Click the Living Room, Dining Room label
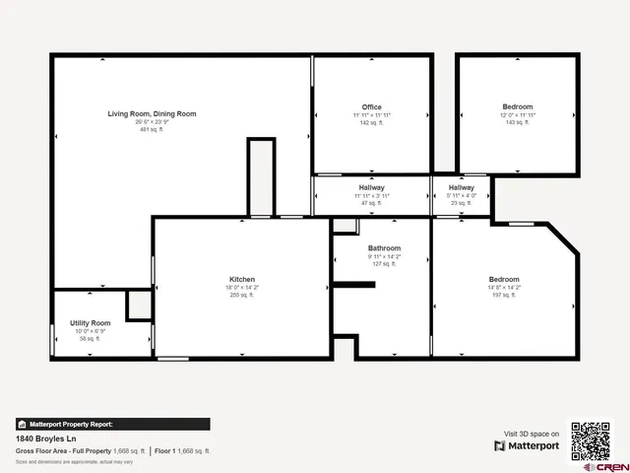pyautogui.click(x=152, y=114)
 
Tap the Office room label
pyautogui.click(x=371, y=107)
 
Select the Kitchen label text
pyautogui.click(x=241, y=279)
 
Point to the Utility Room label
pyautogui.click(x=90, y=323)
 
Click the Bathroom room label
pyautogui.click(x=384, y=248)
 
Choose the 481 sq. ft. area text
pyautogui.click(x=152, y=130)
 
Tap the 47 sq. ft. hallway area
pyautogui.click(x=371, y=202)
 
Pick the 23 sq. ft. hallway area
pyautogui.click(x=461, y=202)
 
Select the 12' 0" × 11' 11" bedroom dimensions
pyautogui.click(x=518, y=114)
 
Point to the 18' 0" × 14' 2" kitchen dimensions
pyautogui.click(x=241, y=287)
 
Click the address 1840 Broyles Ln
pyautogui.click(x=43, y=439)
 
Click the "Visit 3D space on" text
pyautogui.click(x=532, y=434)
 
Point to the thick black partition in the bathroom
pyautogui.click(x=353, y=286)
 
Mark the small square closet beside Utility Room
pyautogui.click(x=139, y=305)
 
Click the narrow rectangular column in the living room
pyautogui.click(x=261, y=177)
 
